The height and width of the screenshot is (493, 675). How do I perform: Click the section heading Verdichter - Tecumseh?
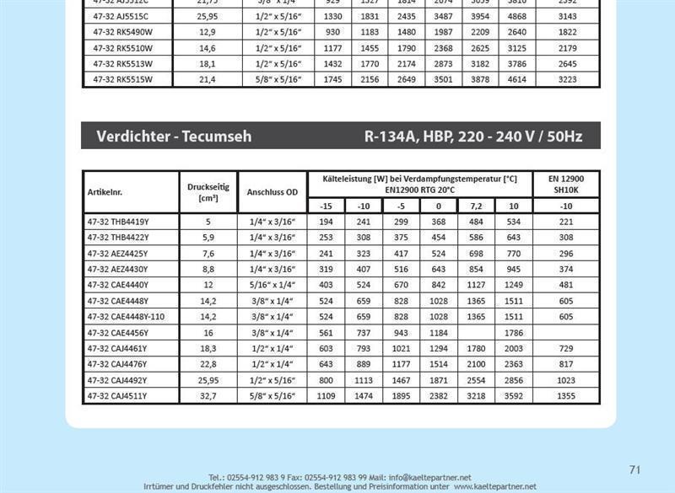click(x=174, y=136)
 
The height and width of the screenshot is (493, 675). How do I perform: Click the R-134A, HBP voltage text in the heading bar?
click(x=472, y=136)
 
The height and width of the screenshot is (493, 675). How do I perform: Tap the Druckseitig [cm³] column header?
click(x=208, y=192)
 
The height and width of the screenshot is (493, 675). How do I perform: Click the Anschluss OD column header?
click(x=272, y=192)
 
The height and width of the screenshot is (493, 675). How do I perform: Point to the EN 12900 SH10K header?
click(x=565, y=185)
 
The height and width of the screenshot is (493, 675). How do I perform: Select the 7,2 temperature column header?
click(x=476, y=206)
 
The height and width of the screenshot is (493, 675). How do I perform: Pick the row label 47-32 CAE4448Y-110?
click(x=129, y=317)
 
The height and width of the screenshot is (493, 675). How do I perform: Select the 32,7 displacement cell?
click(x=208, y=396)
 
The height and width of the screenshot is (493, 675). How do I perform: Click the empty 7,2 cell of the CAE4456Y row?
click(x=476, y=333)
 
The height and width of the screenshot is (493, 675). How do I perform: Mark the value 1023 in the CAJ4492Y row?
click(x=565, y=380)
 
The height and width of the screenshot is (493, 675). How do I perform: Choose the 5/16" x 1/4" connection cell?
click(x=272, y=285)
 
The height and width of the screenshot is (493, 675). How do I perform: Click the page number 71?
click(x=635, y=469)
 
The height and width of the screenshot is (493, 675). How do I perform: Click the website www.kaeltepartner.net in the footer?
click(x=494, y=487)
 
